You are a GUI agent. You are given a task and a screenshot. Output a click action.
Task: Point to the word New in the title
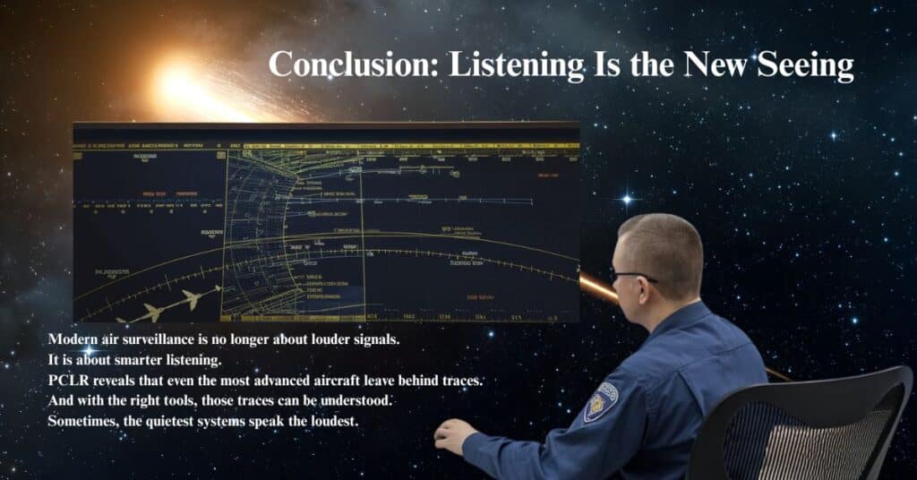[x=717, y=64]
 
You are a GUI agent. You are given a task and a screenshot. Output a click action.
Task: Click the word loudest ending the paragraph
[x=331, y=420]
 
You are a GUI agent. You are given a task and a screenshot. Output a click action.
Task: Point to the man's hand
[x=453, y=435]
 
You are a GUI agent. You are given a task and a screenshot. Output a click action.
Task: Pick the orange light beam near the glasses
[x=596, y=287]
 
